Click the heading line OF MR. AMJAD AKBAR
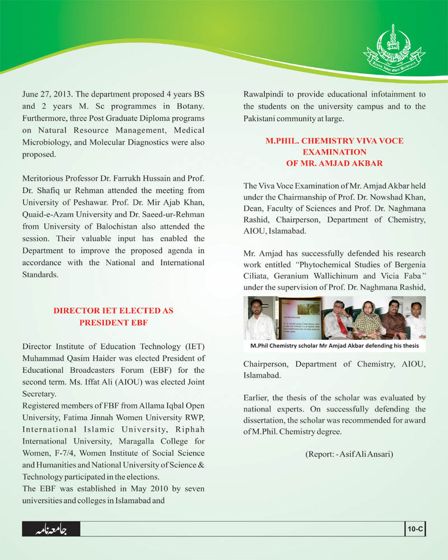334,163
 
